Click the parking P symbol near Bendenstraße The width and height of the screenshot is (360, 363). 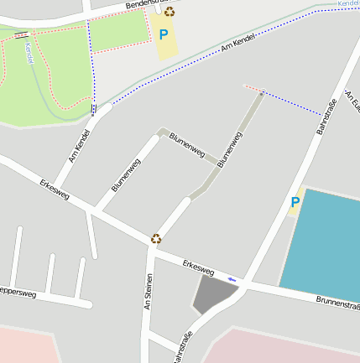pos(164,34)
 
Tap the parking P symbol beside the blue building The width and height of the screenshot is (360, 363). pos(295,202)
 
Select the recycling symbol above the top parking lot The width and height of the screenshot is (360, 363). pos(170,12)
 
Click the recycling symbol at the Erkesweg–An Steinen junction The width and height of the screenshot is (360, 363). pos(156,238)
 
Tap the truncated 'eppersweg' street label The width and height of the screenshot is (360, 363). pos(18,293)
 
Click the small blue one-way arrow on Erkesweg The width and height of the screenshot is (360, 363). pos(232,279)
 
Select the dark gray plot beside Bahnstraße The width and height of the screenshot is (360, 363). pos(213,295)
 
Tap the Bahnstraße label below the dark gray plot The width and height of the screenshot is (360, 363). pos(181,347)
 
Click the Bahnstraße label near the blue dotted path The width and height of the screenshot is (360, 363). pos(325,117)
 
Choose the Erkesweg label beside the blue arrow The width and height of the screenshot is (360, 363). pos(198,268)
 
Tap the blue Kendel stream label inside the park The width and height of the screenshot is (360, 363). pos(29,54)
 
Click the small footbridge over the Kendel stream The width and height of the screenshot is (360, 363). pos(20,34)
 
